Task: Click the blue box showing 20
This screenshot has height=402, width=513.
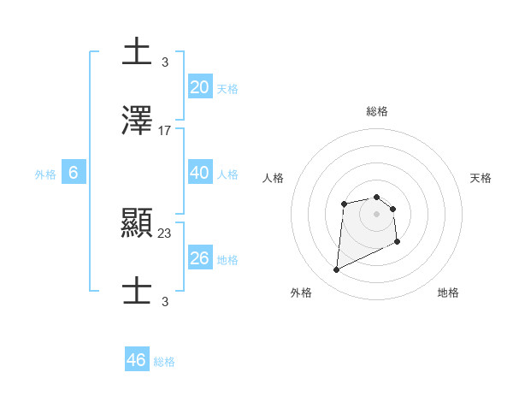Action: click(x=200, y=87)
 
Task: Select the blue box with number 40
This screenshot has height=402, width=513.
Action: click(x=200, y=173)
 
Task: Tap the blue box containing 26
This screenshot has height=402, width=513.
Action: click(x=200, y=258)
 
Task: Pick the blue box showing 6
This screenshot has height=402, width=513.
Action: click(x=74, y=173)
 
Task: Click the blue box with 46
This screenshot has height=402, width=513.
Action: click(x=137, y=360)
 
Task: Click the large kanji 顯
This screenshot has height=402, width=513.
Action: click(x=138, y=223)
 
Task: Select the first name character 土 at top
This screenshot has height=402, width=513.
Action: click(x=138, y=52)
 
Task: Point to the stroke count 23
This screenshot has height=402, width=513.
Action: click(x=165, y=233)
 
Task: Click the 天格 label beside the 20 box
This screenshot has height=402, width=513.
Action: click(x=227, y=89)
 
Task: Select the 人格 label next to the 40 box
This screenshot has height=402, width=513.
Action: click(x=227, y=174)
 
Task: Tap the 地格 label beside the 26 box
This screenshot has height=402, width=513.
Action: click(x=227, y=260)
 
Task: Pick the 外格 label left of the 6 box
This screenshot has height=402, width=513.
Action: click(x=45, y=174)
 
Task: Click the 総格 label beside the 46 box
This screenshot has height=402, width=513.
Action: click(x=164, y=362)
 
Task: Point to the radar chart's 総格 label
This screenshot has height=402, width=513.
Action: click(x=377, y=111)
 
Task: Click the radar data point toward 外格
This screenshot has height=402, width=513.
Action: click(x=337, y=270)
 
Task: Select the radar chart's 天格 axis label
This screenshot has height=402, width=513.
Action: click(x=481, y=178)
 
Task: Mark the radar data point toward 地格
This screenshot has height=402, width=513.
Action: click(x=398, y=242)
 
